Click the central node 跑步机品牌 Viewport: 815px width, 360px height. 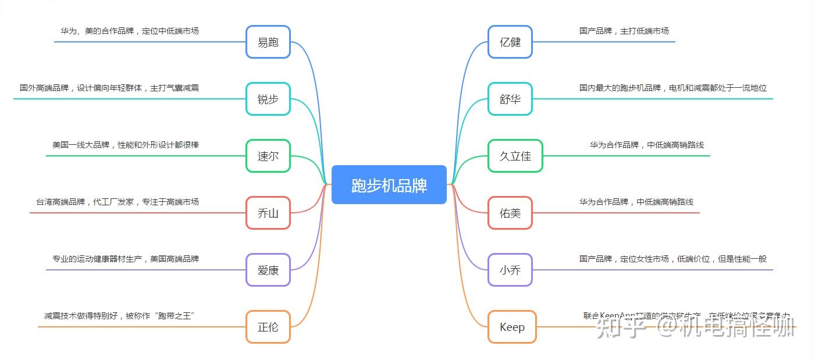pyautogui.click(x=389, y=185)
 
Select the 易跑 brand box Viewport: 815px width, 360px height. pyautogui.click(x=268, y=42)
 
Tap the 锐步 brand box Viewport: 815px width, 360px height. pyautogui.click(x=268, y=99)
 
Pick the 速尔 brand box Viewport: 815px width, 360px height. pyautogui.click(x=268, y=156)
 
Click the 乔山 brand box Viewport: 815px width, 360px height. pyautogui.click(x=268, y=213)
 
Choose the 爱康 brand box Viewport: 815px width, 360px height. pyautogui.click(x=268, y=270)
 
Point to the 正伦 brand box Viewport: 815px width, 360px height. pyautogui.click(x=268, y=327)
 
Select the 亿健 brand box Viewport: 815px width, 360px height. pyautogui.click(x=510, y=42)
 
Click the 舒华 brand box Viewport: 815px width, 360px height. pyautogui.click(x=510, y=99)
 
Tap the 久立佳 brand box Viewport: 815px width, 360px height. pyautogui.click(x=515, y=156)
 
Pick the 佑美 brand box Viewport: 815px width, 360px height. pyautogui.click(x=510, y=213)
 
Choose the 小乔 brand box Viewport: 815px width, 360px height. pyautogui.click(x=510, y=270)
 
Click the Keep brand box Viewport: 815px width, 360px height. pyautogui.click(x=512, y=327)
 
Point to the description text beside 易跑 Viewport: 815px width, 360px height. pyautogui.click(x=129, y=31)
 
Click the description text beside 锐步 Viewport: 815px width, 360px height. pyautogui.click(x=109, y=88)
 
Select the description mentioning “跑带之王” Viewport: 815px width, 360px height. pyautogui.click(x=119, y=316)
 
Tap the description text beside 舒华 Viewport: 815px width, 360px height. pyautogui.click(x=672, y=88)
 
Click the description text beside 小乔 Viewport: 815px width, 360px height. pyautogui.click(x=672, y=259)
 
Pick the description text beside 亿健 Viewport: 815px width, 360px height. pyautogui.click(x=624, y=31)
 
